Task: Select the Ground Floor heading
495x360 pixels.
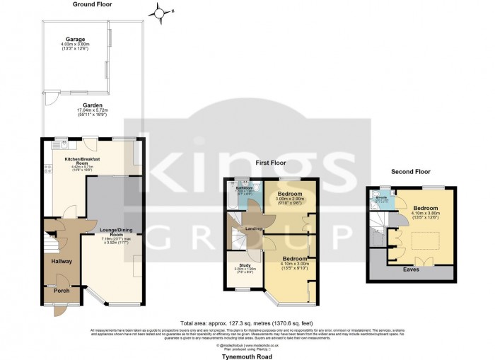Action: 93,4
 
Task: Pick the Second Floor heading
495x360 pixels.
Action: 411,171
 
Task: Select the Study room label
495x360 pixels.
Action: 240,265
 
